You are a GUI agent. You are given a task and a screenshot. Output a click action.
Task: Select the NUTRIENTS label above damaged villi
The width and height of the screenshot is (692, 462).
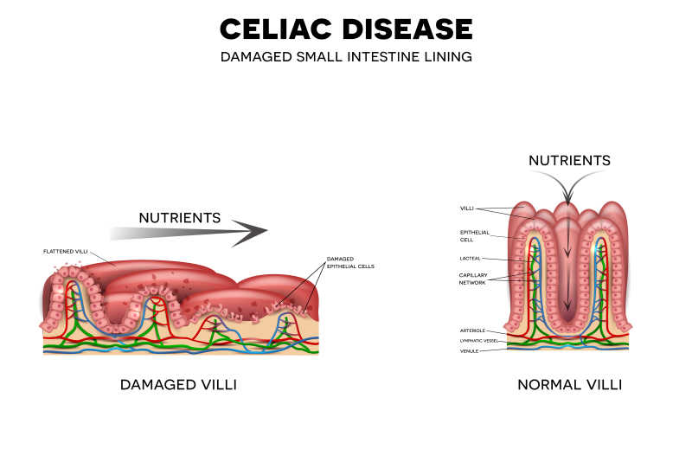pos(180,217)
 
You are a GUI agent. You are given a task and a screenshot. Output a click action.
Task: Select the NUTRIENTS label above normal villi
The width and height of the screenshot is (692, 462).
pos(569,160)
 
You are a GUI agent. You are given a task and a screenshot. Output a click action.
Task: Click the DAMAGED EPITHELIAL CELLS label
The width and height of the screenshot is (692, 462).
pos(350,262)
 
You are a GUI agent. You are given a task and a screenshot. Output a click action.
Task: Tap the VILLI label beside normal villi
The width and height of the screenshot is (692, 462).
pos(468,209)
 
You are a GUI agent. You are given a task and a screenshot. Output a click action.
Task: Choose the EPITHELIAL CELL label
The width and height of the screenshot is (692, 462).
pos(475,235)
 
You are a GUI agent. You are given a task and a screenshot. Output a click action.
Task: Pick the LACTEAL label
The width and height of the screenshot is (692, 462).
pos(471,258)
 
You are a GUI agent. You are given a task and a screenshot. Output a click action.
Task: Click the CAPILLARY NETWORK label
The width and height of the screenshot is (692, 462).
pos(472,279)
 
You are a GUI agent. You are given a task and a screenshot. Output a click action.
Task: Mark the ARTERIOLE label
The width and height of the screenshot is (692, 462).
pos(472,330)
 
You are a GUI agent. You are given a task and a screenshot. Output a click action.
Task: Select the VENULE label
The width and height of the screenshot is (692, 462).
pos(469,350)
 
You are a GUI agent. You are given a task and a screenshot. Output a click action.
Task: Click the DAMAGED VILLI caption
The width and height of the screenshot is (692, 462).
pos(178,384)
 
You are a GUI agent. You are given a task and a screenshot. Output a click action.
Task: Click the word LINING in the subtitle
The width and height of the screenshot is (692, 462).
pos(449,57)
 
